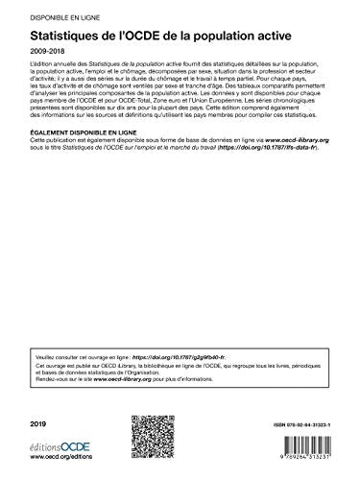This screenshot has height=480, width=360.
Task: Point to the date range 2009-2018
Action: [x=45, y=55]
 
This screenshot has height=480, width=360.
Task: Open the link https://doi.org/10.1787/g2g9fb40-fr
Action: [x=193, y=324]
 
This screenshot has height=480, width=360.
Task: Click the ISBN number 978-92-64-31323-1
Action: [x=288, y=422]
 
